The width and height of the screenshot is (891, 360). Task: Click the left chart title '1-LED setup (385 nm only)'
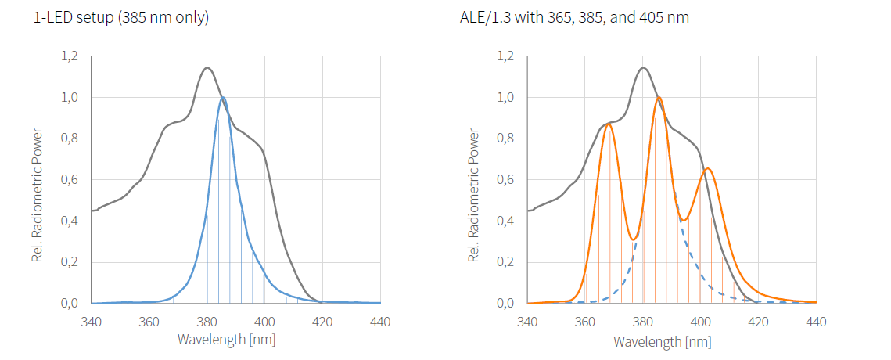pos(121,17)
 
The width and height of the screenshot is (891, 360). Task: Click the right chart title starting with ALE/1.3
pos(574,17)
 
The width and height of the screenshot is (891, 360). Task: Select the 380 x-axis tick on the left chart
pos(207,320)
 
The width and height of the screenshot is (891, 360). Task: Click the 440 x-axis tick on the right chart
pos(816,320)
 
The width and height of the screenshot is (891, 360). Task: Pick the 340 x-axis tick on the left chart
pos(92,320)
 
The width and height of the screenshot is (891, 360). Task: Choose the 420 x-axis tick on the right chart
pos(758,320)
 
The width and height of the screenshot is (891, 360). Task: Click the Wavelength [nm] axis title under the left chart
pos(226,340)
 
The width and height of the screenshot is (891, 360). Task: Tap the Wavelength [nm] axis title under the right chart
pos(663,341)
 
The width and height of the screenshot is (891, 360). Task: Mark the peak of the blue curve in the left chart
pos(223,97)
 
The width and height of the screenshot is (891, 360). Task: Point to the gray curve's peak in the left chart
pos(207,67)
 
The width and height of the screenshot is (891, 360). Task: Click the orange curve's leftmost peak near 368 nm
pos(609,124)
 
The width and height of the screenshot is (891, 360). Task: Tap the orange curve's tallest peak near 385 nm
pos(659,97)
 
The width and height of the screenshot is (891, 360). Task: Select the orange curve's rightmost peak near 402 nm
pos(707,168)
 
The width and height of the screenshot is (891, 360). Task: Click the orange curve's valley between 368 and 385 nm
pos(634,239)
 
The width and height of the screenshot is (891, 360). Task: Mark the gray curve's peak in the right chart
pos(643,67)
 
